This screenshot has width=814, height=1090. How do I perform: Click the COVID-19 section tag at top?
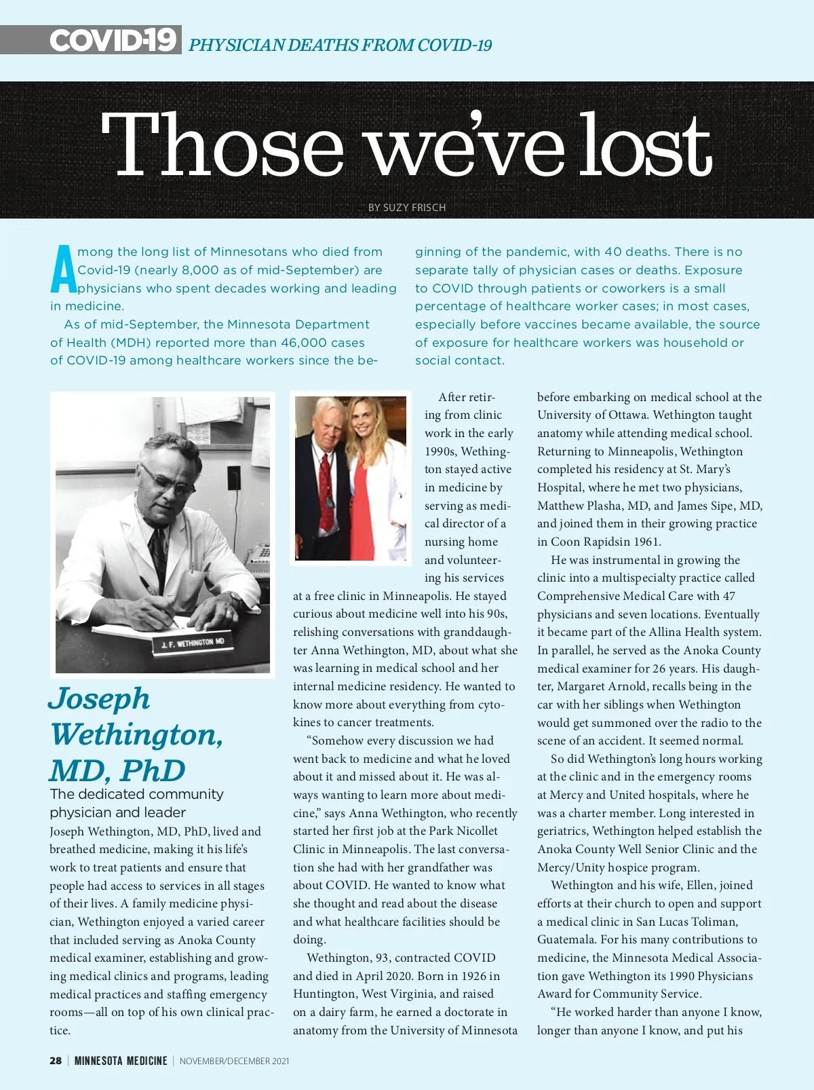(x=113, y=40)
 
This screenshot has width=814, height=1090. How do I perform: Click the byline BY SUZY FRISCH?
(x=407, y=208)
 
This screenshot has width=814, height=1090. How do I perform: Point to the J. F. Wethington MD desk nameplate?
(x=193, y=642)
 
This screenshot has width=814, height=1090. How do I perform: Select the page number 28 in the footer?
(x=56, y=1061)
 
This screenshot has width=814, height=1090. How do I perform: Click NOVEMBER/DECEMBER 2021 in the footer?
(x=234, y=1061)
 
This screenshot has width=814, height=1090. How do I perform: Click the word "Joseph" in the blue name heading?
(x=99, y=699)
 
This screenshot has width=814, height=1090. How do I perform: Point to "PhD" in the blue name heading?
(x=153, y=771)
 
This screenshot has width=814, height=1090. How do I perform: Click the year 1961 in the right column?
(x=647, y=542)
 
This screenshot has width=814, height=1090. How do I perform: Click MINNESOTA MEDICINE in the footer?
(x=121, y=1061)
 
